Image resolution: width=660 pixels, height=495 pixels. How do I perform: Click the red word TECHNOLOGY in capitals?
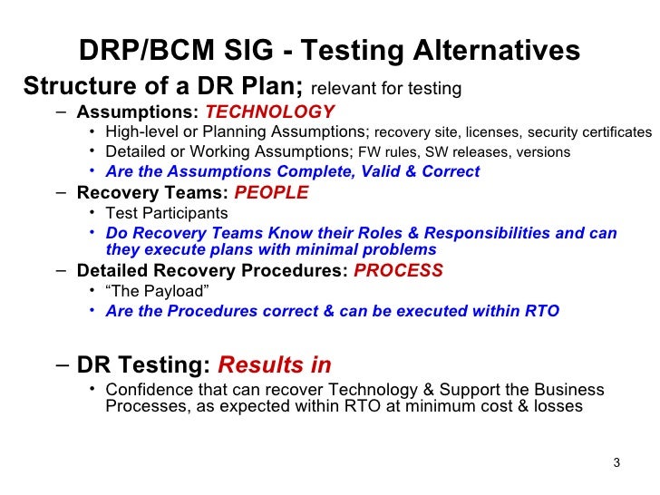pos(270,112)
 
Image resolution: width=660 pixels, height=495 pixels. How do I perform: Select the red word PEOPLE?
pos(271,193)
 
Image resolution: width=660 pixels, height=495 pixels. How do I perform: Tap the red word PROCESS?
pos(398,271)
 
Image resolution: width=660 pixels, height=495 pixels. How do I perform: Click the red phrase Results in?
pos(275,365)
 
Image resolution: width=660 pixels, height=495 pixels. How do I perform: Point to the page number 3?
pos(616,464)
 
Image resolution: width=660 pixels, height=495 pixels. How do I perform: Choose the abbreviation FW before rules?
pos(369,152)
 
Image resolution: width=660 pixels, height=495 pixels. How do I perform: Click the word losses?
pos(558,406)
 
